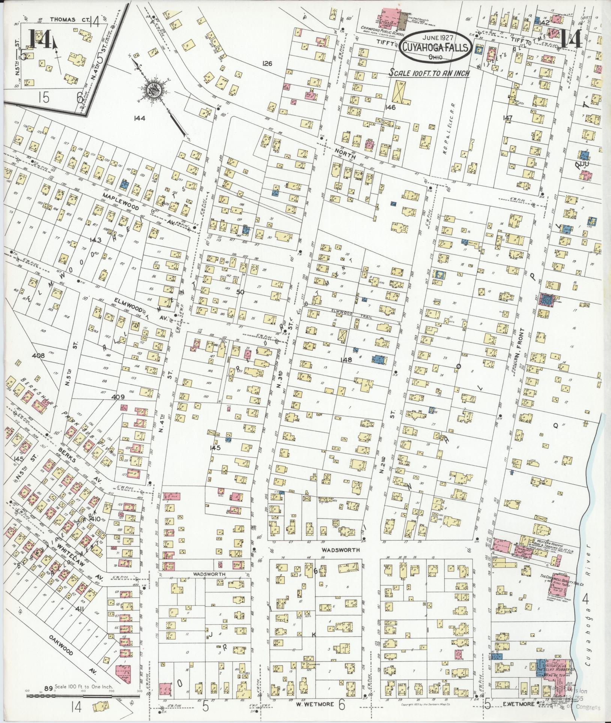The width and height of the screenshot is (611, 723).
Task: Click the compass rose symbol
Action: [155, 89]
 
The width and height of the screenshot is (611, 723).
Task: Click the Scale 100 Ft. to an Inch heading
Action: [429, 73]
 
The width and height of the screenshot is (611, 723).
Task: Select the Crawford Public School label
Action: [380, 28]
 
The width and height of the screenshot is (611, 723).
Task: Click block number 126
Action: [267, 64]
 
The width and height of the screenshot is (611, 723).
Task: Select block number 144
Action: [139, 118]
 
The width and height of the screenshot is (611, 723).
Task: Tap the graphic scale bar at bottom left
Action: [83, 696]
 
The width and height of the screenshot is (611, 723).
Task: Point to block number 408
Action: [39, 356]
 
